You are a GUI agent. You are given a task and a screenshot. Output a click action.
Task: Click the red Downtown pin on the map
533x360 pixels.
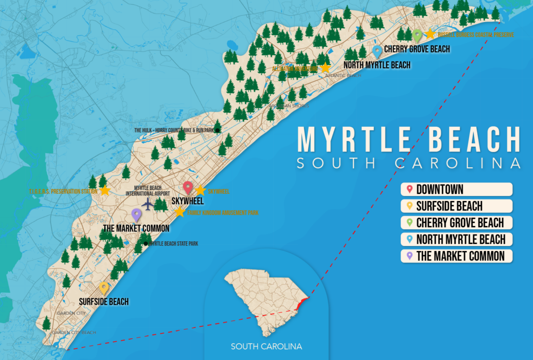(x=188, y=188)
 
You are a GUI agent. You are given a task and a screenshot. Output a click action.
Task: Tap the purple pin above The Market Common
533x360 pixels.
(x=136, y=214)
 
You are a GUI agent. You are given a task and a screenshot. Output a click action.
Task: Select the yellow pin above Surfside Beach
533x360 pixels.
(x=104, y=288)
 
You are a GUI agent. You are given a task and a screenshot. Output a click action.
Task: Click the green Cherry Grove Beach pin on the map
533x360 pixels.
(x=417, y=35)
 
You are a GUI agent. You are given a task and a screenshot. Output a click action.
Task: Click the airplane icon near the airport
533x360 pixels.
(x=148, y=204)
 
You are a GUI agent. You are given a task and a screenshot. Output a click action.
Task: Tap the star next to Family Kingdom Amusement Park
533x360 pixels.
(x=180, y=212)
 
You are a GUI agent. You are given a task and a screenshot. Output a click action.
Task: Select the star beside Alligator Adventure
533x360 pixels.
(x=325, y=68)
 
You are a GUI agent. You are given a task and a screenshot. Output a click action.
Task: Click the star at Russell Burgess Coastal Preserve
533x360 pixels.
(x=430, y=34)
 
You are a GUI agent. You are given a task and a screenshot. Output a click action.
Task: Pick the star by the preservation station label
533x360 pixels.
(x=105, y=191)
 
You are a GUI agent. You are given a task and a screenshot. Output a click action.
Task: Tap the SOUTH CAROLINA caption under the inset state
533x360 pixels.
(x=266, y=346)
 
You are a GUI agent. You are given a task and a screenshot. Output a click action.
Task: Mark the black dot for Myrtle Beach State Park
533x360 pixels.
(x=146, y=243)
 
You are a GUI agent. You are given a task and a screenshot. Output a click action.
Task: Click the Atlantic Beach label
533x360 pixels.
(x=342, y=76)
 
